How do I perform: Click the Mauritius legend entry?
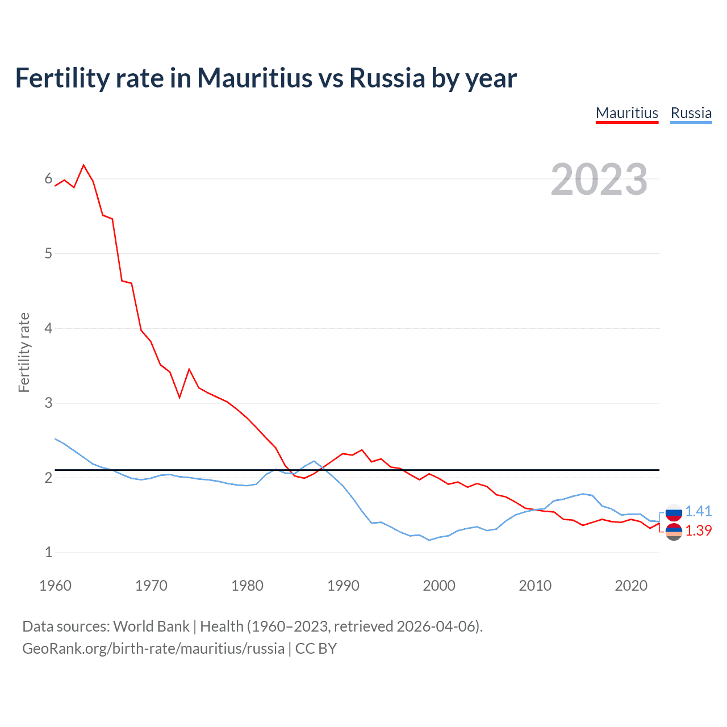coord(627,113)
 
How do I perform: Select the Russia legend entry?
coord(691,113)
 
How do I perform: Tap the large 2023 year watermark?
coord(599,179)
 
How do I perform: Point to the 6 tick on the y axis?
coord(48,179)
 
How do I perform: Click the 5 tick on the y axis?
coord(48,253)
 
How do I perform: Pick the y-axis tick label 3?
coord(48,403)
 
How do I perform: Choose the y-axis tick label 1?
coord(48,552)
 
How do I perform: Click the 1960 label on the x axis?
coord(55,586)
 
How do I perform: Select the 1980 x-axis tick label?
coord(247,586)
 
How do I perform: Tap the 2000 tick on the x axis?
coord(439,586)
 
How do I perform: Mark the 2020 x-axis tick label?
coord(631,586)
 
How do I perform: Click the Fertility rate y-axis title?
coord(24,352)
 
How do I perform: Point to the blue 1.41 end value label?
coord(698,511)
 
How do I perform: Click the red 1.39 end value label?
coord(698,530)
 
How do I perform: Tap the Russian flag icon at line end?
coord(674,512)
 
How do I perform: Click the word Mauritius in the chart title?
coord(255,78)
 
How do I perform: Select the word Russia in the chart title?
coord(387,78)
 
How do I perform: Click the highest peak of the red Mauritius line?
coord(84,165)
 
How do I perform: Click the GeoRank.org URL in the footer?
coord(153,648)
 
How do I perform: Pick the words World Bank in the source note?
coord(151,626)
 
